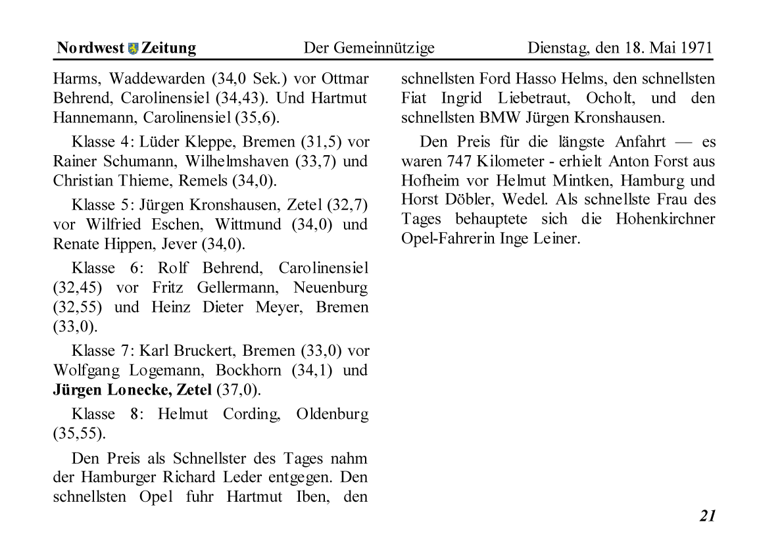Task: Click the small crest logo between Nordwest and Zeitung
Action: click(134, 48)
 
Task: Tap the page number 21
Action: click(707, 516)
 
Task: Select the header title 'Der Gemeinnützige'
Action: click(369, 48)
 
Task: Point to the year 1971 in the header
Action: click(696, 48)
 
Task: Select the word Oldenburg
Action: click(332, 414)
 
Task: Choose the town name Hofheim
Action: click(431, 180)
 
